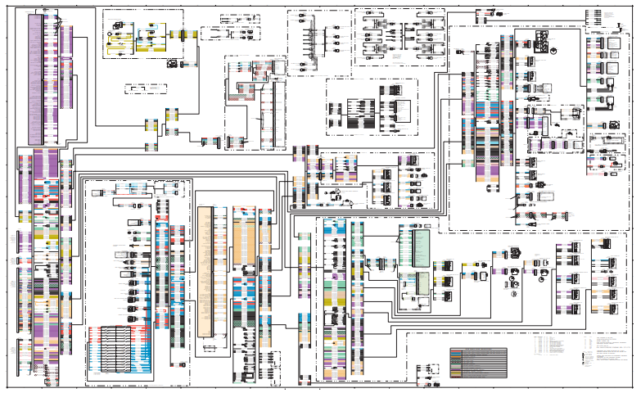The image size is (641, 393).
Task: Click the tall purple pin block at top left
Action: [x=35, y=78]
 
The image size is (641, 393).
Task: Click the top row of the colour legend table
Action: [x=477, y=350]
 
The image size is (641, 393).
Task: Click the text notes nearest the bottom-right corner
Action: [x=610, y=364]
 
